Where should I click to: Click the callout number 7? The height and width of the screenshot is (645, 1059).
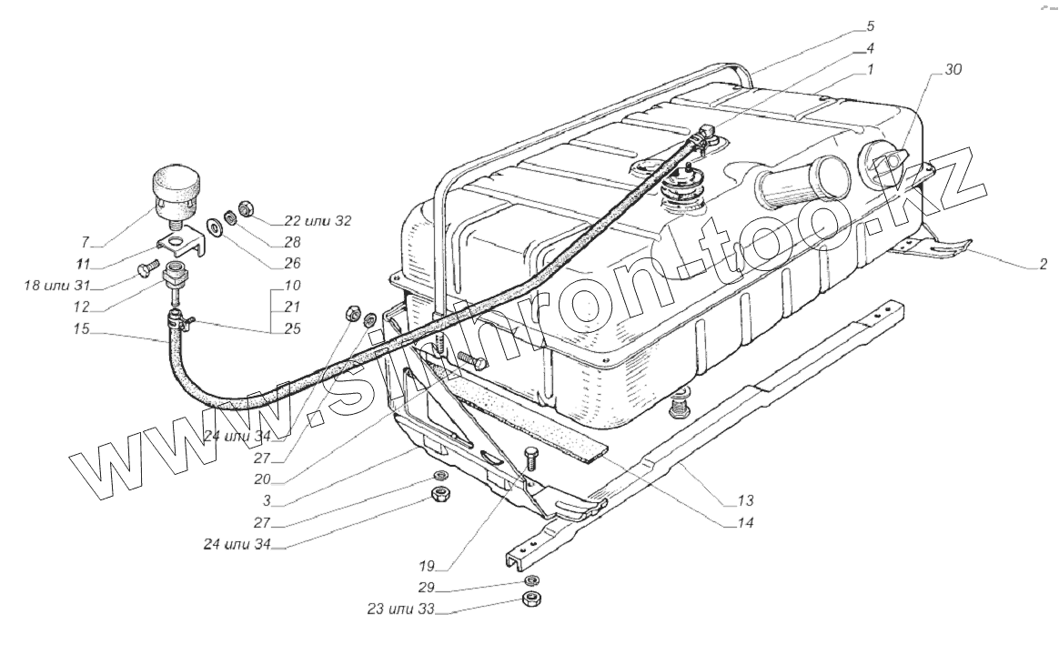tap(86, 243)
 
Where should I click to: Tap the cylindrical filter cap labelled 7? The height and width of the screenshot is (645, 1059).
tap(175, 190)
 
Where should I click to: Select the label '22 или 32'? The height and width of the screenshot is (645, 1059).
tap(318, 221)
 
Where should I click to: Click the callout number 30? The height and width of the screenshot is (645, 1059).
tap(953, 69)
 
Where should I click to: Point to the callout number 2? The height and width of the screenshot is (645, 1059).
tap(1043, 264)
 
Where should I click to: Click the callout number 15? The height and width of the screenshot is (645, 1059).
tap(82, 329)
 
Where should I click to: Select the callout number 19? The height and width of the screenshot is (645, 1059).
tap(426, 566)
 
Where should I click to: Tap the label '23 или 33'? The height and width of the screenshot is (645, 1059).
tap(400, 609)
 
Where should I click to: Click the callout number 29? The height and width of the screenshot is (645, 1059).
tap(426, 587)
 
